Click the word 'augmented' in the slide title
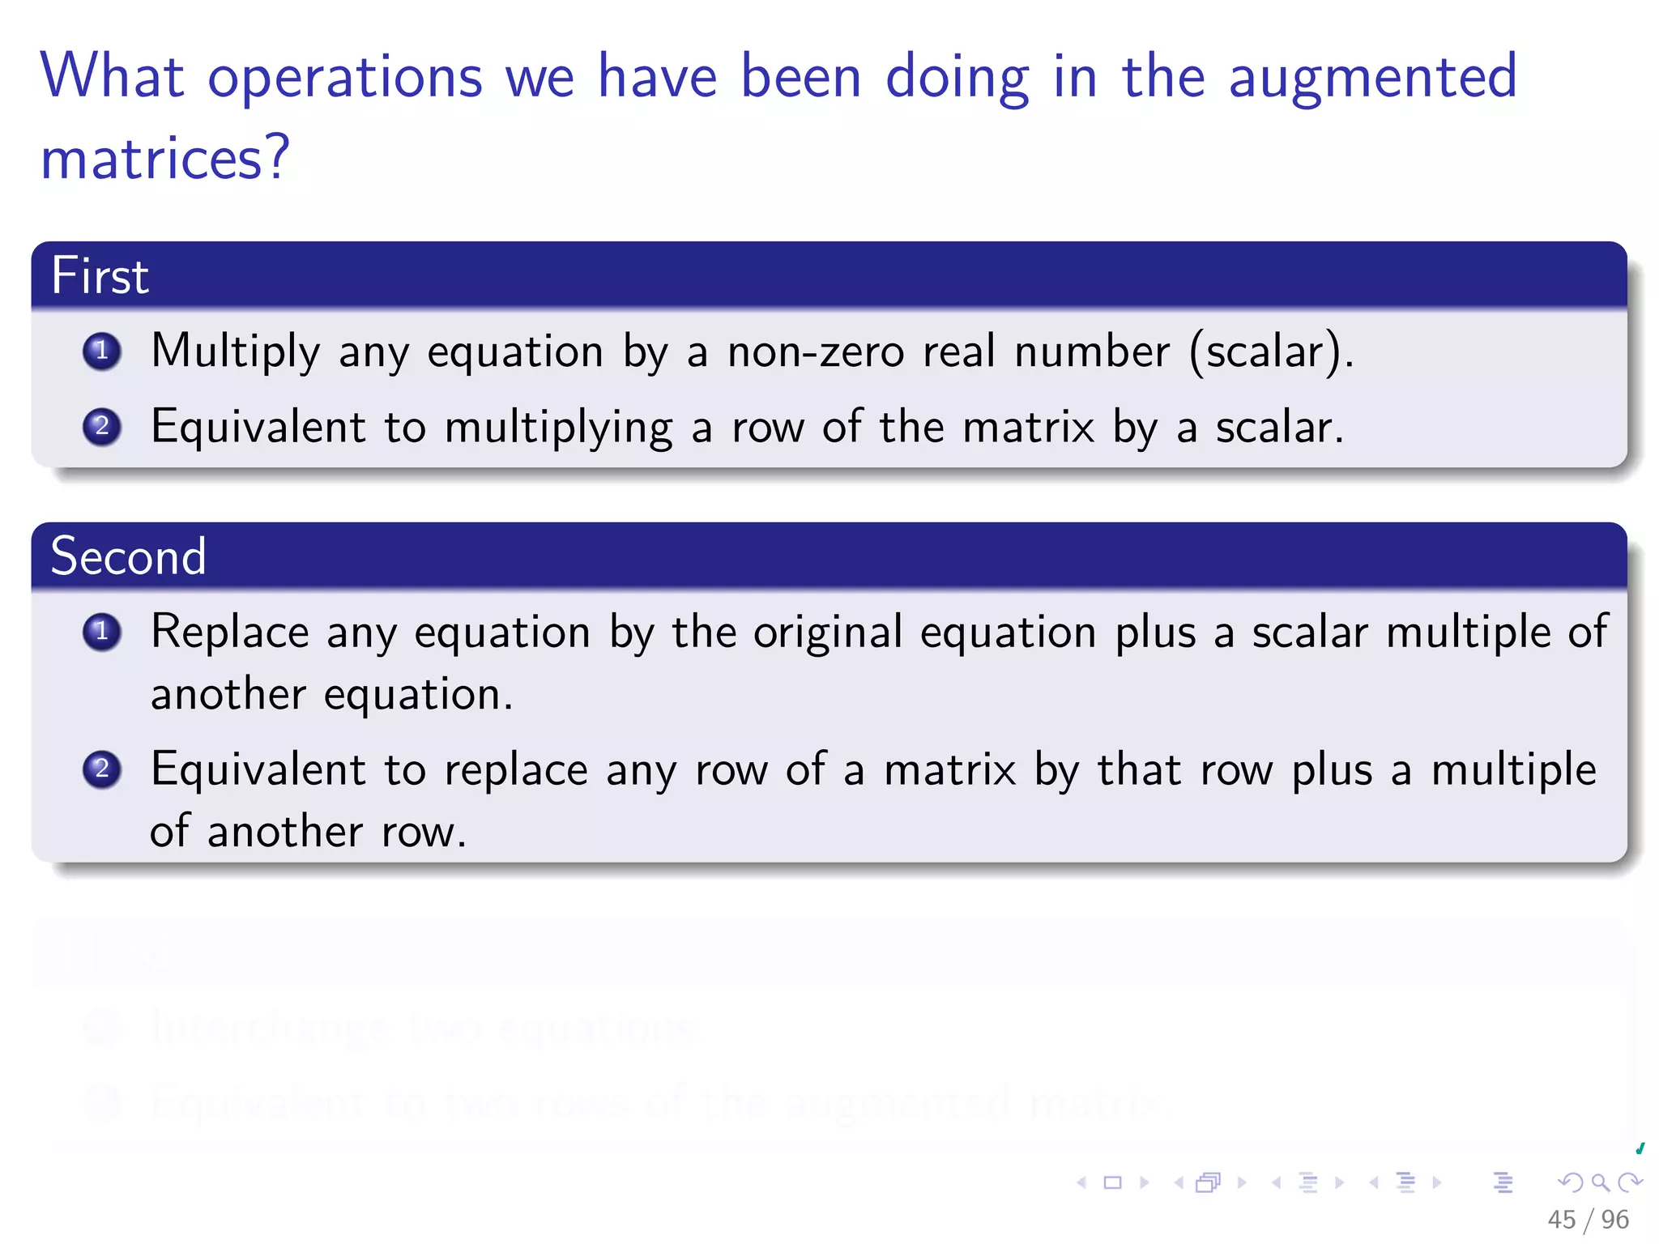[1372, 78]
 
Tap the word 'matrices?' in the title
[164, 158]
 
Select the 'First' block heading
[100, 275]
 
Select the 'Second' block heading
[128, 556]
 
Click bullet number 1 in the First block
[102, 351]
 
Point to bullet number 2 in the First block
[102, 427]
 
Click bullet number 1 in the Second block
[102, 632]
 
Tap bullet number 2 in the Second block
[102, 769]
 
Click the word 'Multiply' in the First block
[235, 351]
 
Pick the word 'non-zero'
[815, 351]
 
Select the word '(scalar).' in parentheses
[1271, 351]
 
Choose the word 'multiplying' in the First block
[558, 428]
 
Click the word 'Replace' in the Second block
[229, 632]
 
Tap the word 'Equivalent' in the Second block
[258, 769]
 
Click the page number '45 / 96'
[1588, 1220]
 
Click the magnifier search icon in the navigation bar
[1600, 1182]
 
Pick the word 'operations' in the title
[345, 78]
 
